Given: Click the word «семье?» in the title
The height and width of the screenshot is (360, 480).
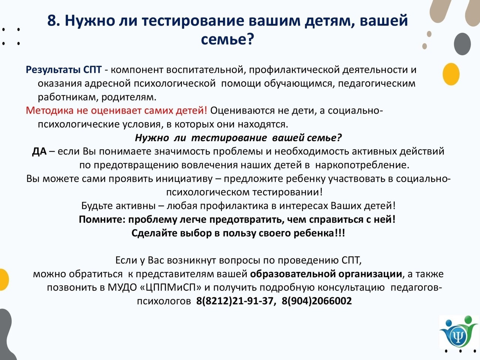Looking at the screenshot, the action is coord(227,40).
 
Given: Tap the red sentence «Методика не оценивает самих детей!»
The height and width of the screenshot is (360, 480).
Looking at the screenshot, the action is coord(116,111).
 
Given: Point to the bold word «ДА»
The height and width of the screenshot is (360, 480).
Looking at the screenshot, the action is coord(39,151).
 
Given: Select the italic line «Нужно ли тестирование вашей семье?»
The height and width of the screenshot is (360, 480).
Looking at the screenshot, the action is coord(238,138).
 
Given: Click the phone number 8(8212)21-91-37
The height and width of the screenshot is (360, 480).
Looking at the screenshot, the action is coord(235,301).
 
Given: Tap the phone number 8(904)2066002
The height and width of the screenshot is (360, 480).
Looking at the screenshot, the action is coord(316,301).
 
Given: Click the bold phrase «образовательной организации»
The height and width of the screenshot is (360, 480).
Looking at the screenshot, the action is coord(326,274).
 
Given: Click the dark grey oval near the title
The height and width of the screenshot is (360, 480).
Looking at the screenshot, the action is coord(462,44).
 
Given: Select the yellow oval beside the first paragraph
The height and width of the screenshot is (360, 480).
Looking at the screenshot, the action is coord(451,74).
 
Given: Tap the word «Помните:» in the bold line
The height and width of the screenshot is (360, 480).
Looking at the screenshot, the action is coord(102,219).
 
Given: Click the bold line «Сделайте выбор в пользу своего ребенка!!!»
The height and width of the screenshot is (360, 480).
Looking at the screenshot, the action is coord(238,233).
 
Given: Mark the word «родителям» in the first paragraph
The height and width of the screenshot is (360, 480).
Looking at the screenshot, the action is coord(129,97).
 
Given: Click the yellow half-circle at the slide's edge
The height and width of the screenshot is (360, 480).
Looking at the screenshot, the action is coord(4,280).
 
